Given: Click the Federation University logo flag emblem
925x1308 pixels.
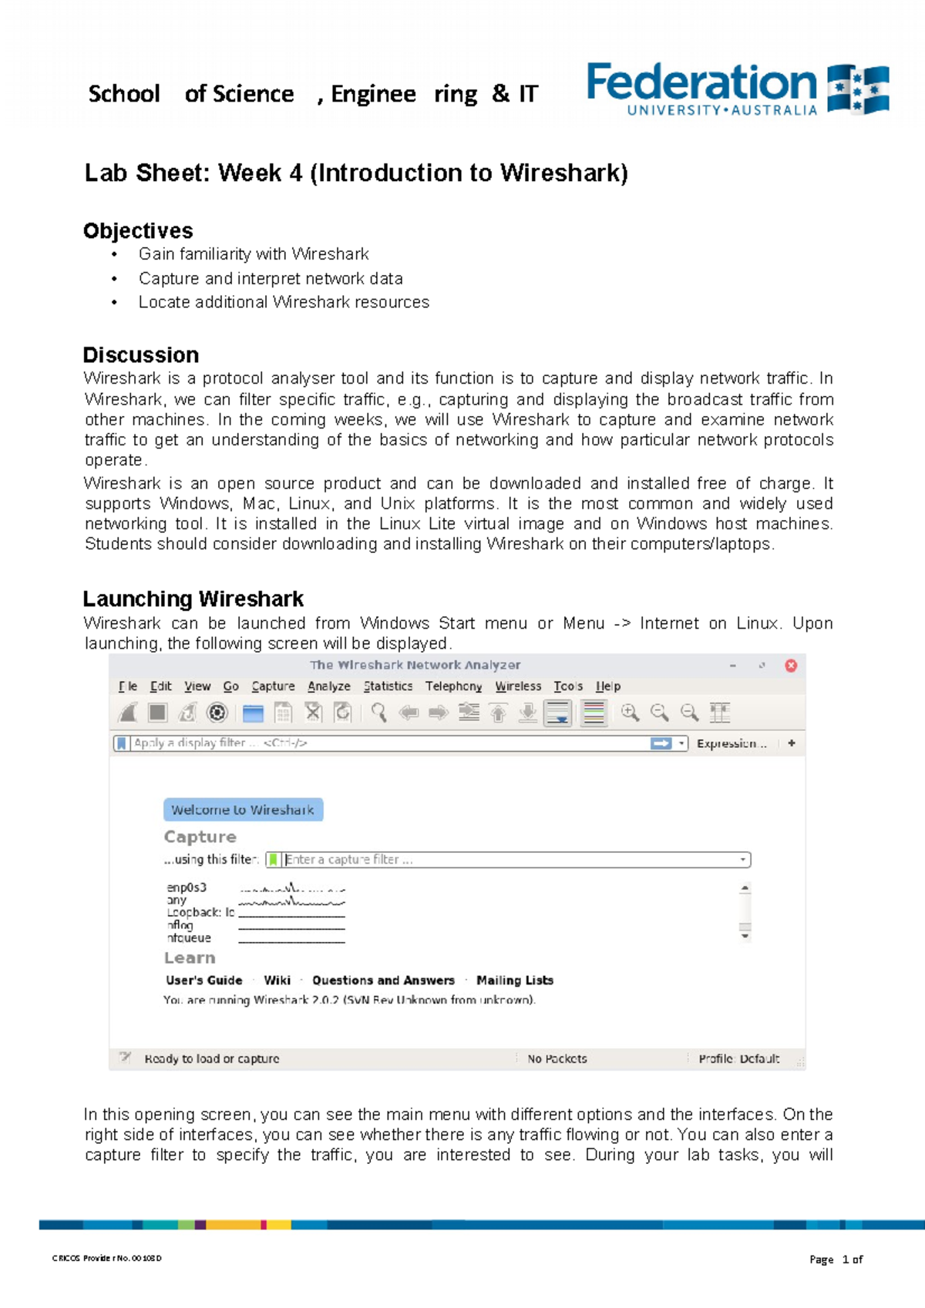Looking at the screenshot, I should click(858, 89).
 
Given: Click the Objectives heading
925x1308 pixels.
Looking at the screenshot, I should click(138, 230).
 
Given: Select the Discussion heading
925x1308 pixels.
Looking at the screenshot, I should click(141, 354).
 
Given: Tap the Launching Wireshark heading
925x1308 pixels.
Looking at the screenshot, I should click(193, 599).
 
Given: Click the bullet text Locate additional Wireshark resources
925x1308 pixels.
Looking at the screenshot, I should click(284, 302).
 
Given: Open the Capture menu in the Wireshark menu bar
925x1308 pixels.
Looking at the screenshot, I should click(273, 686).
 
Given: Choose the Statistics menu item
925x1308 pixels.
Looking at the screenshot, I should click(388, 686).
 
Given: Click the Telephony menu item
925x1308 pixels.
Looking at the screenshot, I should click(453, 686).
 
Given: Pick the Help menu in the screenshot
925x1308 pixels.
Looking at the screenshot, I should click(607, 686).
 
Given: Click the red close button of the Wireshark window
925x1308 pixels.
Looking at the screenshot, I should click(791, 666).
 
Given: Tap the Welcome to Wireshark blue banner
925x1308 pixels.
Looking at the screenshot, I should click(243, 810).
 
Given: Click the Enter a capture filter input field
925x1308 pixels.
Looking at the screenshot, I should click(509, 860).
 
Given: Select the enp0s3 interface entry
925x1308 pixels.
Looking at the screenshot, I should click(187, 887).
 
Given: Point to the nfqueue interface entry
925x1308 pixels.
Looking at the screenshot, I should click(189, 937).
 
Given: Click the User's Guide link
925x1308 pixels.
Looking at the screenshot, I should click(204, 980).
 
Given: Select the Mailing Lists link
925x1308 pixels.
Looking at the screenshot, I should click(515, 980).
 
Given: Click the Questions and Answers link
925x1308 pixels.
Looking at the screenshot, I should click(383, 980).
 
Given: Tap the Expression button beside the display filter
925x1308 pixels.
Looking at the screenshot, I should click(731, 743).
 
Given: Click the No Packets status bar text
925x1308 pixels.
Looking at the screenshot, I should click(557, 1058).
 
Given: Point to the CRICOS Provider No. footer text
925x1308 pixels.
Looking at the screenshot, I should click(107, 1258).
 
